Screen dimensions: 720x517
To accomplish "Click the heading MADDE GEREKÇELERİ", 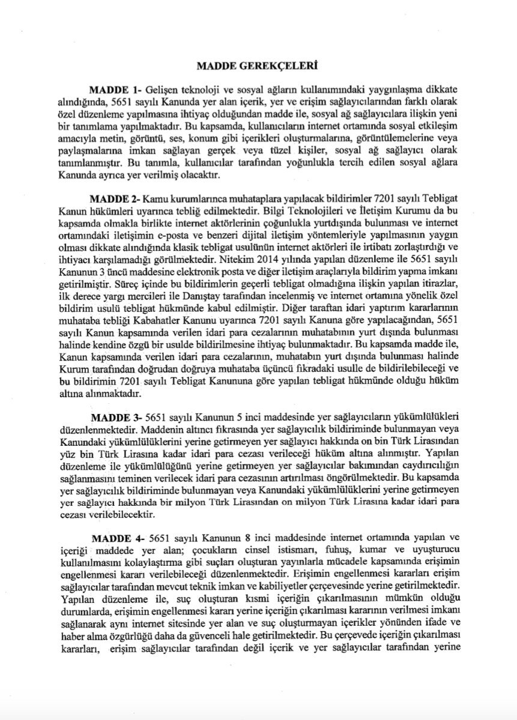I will click(x=258, y=62).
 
